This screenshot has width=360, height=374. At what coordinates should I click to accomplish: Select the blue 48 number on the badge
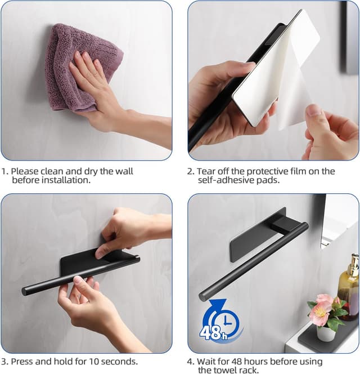[210, 332]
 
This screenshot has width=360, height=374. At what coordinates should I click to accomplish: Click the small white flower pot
[326, 333]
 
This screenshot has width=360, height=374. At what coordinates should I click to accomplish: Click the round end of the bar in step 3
[25, 291]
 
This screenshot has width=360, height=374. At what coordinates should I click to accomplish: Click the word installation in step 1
[66, 180]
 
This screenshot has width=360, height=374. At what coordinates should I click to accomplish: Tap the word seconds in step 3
[119, 362]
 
